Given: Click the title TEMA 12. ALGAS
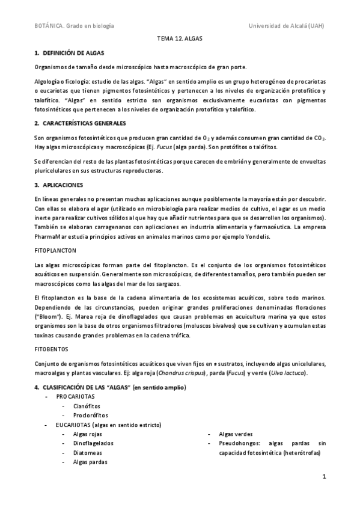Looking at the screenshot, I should [x=180, y=38].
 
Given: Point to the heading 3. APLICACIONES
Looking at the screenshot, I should [x=62, y=184].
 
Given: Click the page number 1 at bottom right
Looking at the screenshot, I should [x=323, y=478].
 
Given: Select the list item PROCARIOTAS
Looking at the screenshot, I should [x=75, y=398].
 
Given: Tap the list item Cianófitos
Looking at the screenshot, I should [x=87, y=407].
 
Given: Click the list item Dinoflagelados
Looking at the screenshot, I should [x=93, y=443].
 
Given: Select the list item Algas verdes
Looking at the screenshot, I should [x=236, y=434].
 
